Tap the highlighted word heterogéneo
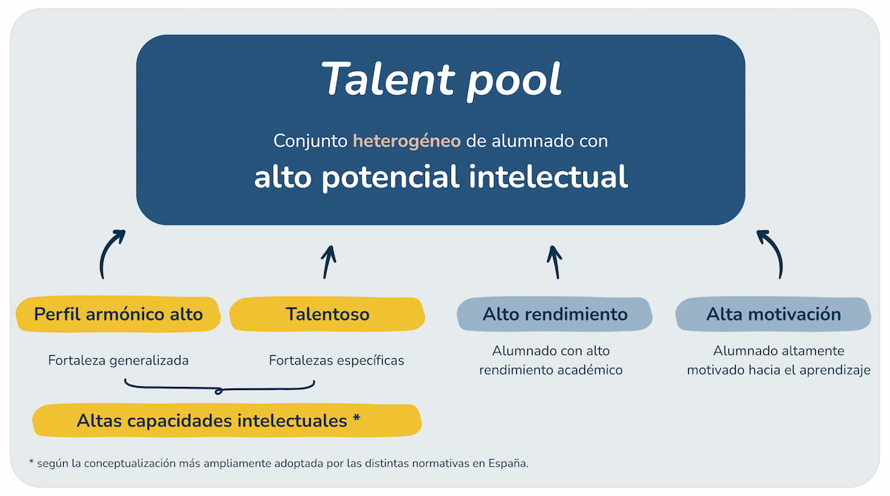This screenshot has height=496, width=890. point(406,140)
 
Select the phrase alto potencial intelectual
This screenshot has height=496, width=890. point(441,176)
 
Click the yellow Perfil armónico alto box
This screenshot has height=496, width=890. point(118,314)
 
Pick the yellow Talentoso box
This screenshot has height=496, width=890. point(327,314)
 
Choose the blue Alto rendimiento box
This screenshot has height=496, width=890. point(555,314)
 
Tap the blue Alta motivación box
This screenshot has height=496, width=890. point(773,314)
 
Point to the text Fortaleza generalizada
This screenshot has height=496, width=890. point(119,360)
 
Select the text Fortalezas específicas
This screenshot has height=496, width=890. point(336,360)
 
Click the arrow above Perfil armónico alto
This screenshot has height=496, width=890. point(110,254)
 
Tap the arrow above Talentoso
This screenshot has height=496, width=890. point(328,261)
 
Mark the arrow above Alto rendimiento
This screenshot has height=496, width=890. point(553,261)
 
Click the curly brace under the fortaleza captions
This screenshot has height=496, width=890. point(220,386)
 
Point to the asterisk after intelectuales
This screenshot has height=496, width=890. point(357,419)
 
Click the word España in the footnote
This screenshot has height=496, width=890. point(509,463)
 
